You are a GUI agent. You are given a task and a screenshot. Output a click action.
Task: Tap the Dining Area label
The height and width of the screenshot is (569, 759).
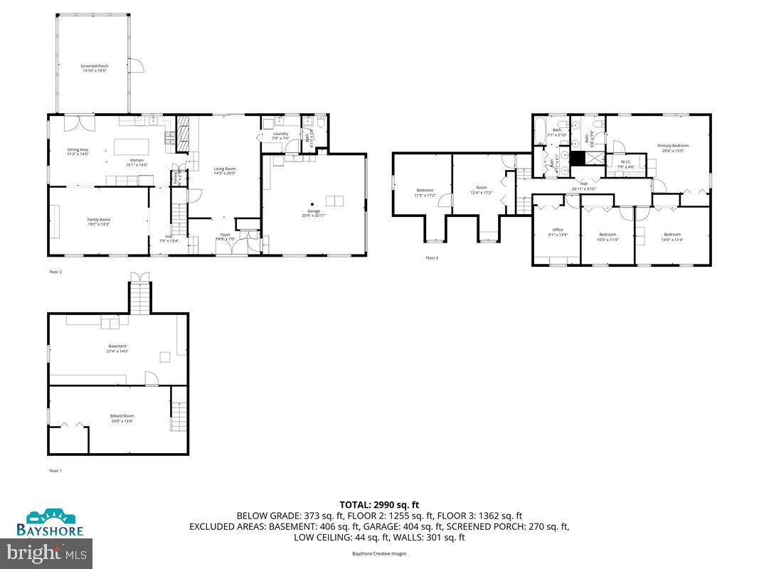(78, 151)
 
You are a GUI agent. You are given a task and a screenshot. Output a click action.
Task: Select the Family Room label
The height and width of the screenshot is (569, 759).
(98, 222)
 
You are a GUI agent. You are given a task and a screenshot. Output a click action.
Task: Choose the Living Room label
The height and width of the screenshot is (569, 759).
(225, 171)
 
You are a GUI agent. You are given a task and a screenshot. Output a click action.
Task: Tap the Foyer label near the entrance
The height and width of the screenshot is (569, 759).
(225, 236)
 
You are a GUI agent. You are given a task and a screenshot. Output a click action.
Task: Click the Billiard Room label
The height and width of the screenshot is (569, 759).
(122, 418)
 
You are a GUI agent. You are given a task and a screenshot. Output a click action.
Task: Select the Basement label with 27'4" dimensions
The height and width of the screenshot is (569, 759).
(117, 349)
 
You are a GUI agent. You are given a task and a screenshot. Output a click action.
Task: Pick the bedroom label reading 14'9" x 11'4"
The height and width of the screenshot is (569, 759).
(673, 236)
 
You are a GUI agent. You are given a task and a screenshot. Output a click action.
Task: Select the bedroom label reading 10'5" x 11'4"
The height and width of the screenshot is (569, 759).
(607, 236)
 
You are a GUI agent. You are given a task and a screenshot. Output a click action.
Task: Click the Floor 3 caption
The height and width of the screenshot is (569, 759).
(432, 257)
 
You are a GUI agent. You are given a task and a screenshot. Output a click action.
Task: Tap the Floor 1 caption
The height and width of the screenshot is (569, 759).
(55, 471)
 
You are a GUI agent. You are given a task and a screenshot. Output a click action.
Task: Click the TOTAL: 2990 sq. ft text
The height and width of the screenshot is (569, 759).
(379, 505)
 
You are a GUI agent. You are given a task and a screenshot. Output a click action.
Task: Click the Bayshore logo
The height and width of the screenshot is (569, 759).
(51, 523)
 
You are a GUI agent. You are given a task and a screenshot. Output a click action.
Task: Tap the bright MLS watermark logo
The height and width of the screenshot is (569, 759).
(47, 551)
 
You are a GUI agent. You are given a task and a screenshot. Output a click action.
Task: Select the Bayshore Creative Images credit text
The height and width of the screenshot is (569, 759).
(379, 553)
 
